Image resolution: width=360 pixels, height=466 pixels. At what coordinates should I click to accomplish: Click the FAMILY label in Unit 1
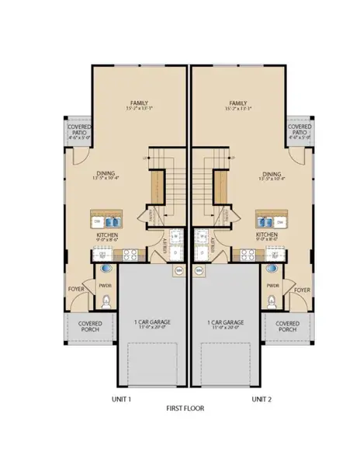click(139, 102)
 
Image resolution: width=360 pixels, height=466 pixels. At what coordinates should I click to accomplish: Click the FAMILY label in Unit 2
click(238, 102)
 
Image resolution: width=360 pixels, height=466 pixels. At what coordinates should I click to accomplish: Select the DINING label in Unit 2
click(272, 174)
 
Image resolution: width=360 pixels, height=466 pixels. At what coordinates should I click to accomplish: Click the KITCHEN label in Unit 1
click(107, 235)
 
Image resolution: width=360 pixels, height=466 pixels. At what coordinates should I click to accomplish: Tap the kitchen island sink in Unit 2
click(262, 221)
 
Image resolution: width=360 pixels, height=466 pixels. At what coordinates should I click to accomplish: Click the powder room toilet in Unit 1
click(107, 301)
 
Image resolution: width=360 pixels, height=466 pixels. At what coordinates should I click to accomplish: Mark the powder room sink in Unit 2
click(272, 268)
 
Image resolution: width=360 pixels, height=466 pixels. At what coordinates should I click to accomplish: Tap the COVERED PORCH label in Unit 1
click(89, 326)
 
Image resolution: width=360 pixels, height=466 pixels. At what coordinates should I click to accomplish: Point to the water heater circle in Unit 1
click(178, 270)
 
